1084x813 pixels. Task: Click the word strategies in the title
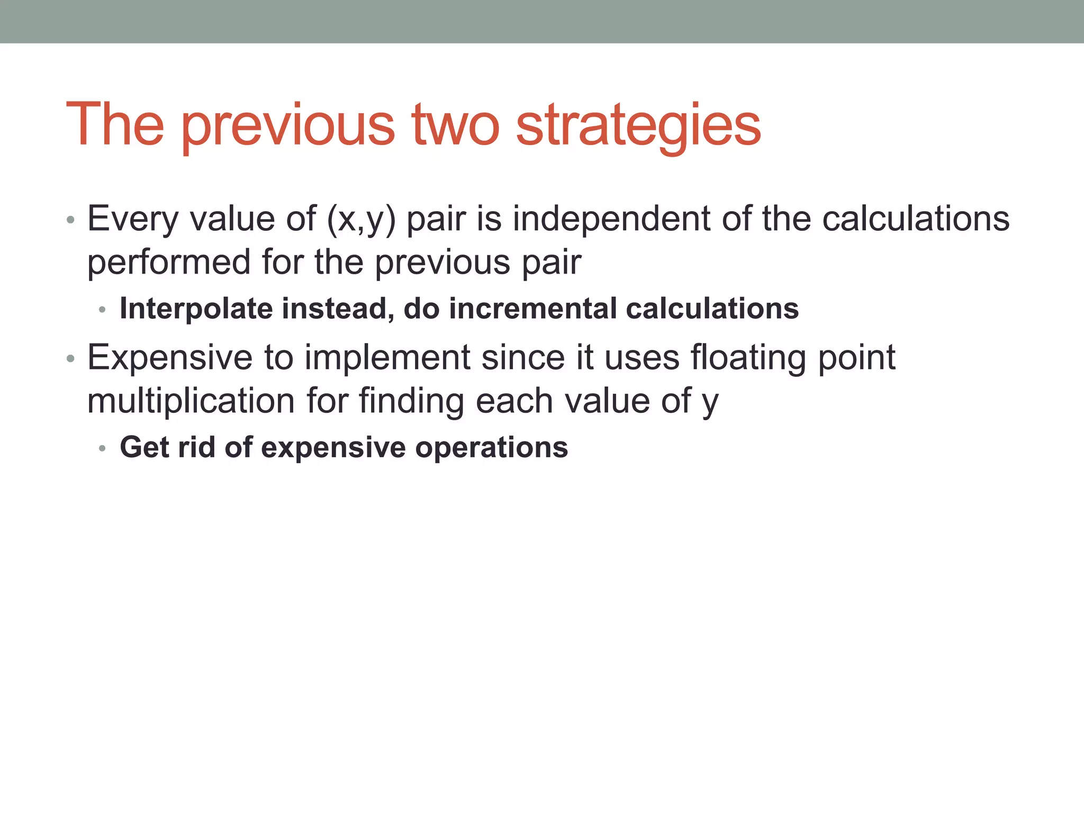coord(638,126)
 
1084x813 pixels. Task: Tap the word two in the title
coord(456,126)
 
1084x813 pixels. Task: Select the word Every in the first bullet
coord(133,219)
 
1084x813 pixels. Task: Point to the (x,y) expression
coord(361,219)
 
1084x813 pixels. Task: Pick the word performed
coord(169,263)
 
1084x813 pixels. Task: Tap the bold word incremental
coord(532,309)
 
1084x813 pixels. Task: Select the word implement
coord(387,358)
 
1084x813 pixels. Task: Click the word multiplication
coord(191,401)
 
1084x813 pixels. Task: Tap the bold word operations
coord(492,448)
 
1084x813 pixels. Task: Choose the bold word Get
coord(144,447)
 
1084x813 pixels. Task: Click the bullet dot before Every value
coord(70,220)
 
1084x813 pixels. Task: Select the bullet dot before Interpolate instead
coord(103,310)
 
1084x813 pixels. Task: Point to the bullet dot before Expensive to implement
coord(70,359)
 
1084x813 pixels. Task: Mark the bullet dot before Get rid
coord(103,449)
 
